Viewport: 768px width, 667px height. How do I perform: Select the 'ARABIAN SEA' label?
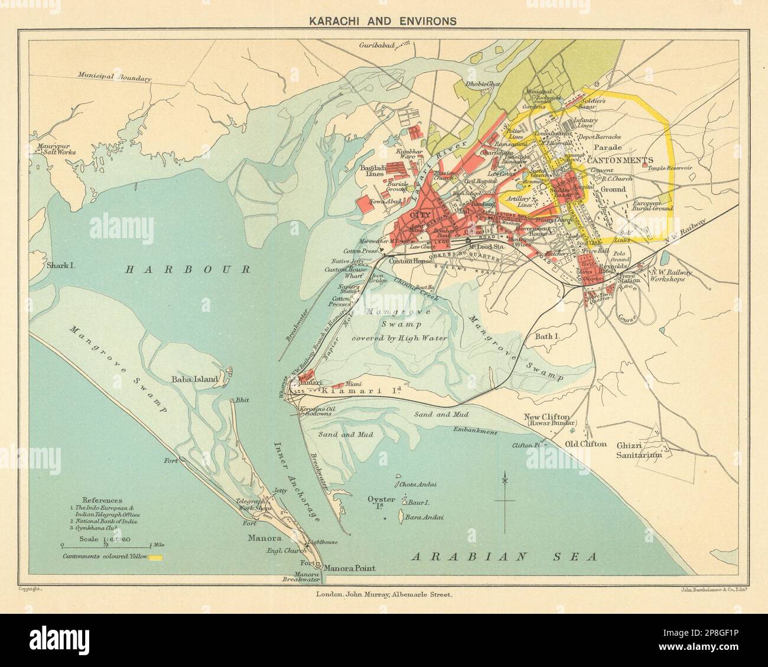(505, 556)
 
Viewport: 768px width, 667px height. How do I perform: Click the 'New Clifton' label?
(548, 418)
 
